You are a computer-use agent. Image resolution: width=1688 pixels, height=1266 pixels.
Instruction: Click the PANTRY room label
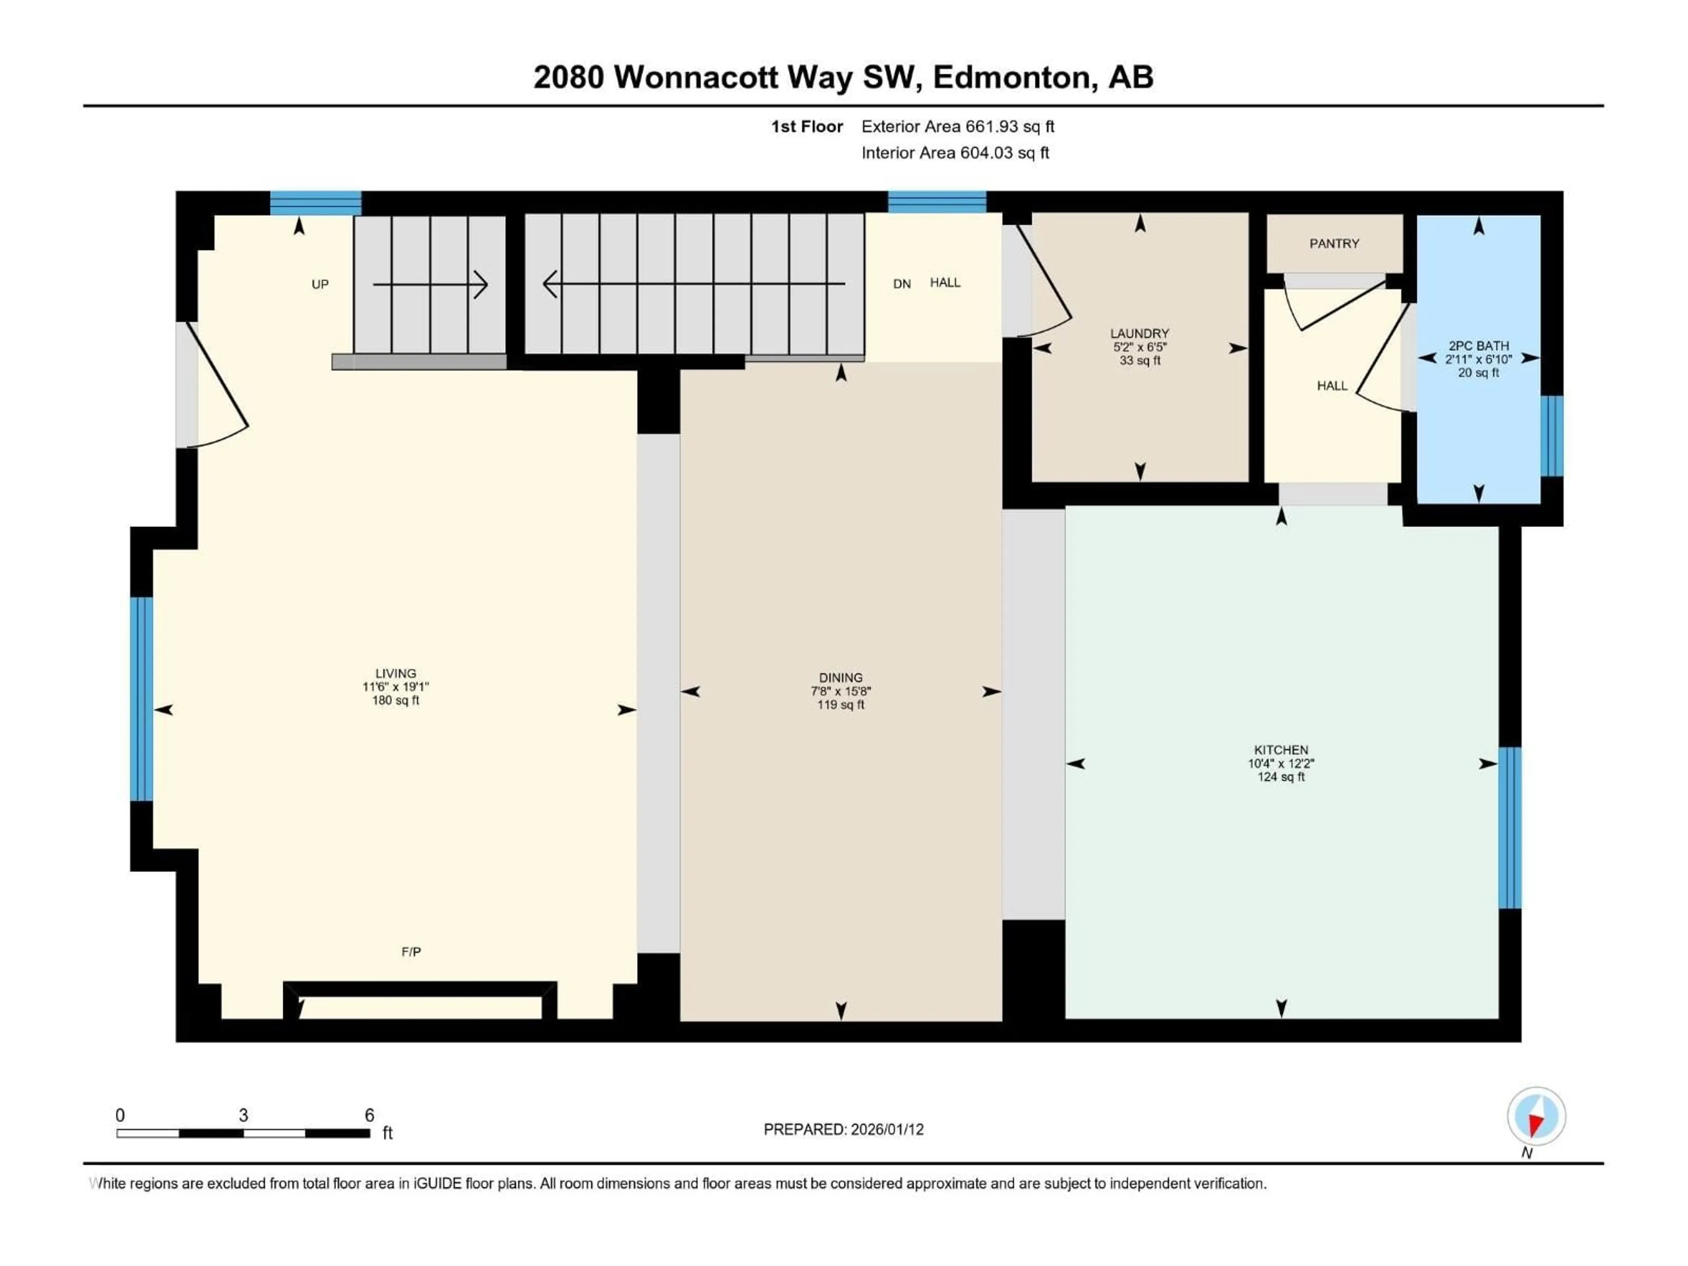[1334, 244]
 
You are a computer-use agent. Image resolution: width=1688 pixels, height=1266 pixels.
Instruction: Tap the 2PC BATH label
[1478, 346]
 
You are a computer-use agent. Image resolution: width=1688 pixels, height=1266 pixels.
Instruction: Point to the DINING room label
[840, 678]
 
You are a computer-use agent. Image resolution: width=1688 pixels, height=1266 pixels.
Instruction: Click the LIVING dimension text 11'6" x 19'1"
[395, 687]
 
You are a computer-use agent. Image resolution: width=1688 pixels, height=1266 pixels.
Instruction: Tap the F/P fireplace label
[411, 952]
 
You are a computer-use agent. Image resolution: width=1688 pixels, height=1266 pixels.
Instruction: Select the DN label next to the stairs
[901, 284]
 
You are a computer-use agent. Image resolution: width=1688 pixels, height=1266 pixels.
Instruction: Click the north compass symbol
[1536, 1117]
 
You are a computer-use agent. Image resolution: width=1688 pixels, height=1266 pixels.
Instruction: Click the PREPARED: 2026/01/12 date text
[843, 1129]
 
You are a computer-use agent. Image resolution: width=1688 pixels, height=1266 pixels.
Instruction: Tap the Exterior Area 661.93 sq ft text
[958, 127]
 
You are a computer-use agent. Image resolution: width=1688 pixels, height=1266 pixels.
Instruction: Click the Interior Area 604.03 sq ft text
[955, 153]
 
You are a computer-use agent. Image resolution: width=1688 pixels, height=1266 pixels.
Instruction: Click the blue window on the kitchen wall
[1510, 828]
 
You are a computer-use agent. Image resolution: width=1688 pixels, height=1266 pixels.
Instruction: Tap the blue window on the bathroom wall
[1551, 436]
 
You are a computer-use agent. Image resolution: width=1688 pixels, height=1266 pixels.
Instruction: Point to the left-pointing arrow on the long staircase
[551, 284]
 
